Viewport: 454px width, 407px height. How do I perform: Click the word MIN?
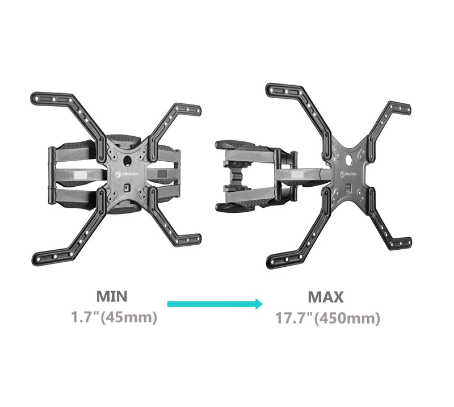pos(112,296)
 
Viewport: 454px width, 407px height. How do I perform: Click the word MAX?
pos(326,297)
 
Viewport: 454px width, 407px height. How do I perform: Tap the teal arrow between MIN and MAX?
pos(215,304)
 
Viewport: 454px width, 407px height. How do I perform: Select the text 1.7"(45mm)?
pos(114,317)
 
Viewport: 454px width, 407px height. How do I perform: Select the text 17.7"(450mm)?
pos(327,318)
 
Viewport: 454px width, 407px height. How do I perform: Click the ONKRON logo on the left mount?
pos(127,174)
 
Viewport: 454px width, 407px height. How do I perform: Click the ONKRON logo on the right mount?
pos(348,174)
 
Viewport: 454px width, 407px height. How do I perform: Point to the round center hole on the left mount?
pos(127,161)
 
